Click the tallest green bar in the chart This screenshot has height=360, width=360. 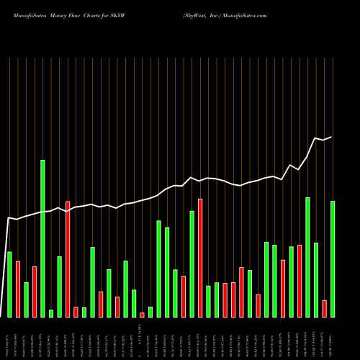pos(42,238)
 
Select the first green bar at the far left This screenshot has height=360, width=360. pos(9,284)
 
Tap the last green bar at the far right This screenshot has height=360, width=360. pos(333,259)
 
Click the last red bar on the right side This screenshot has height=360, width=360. pos(325,308)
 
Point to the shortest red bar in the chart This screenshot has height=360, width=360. pos(142,315)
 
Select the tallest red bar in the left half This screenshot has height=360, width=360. pos(68,259)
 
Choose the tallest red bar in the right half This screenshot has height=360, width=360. pos(200,258)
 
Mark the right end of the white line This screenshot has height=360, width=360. pos(332,137)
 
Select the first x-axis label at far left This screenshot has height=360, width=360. pos(9,338)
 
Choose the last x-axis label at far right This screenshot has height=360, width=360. pos(333,338)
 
